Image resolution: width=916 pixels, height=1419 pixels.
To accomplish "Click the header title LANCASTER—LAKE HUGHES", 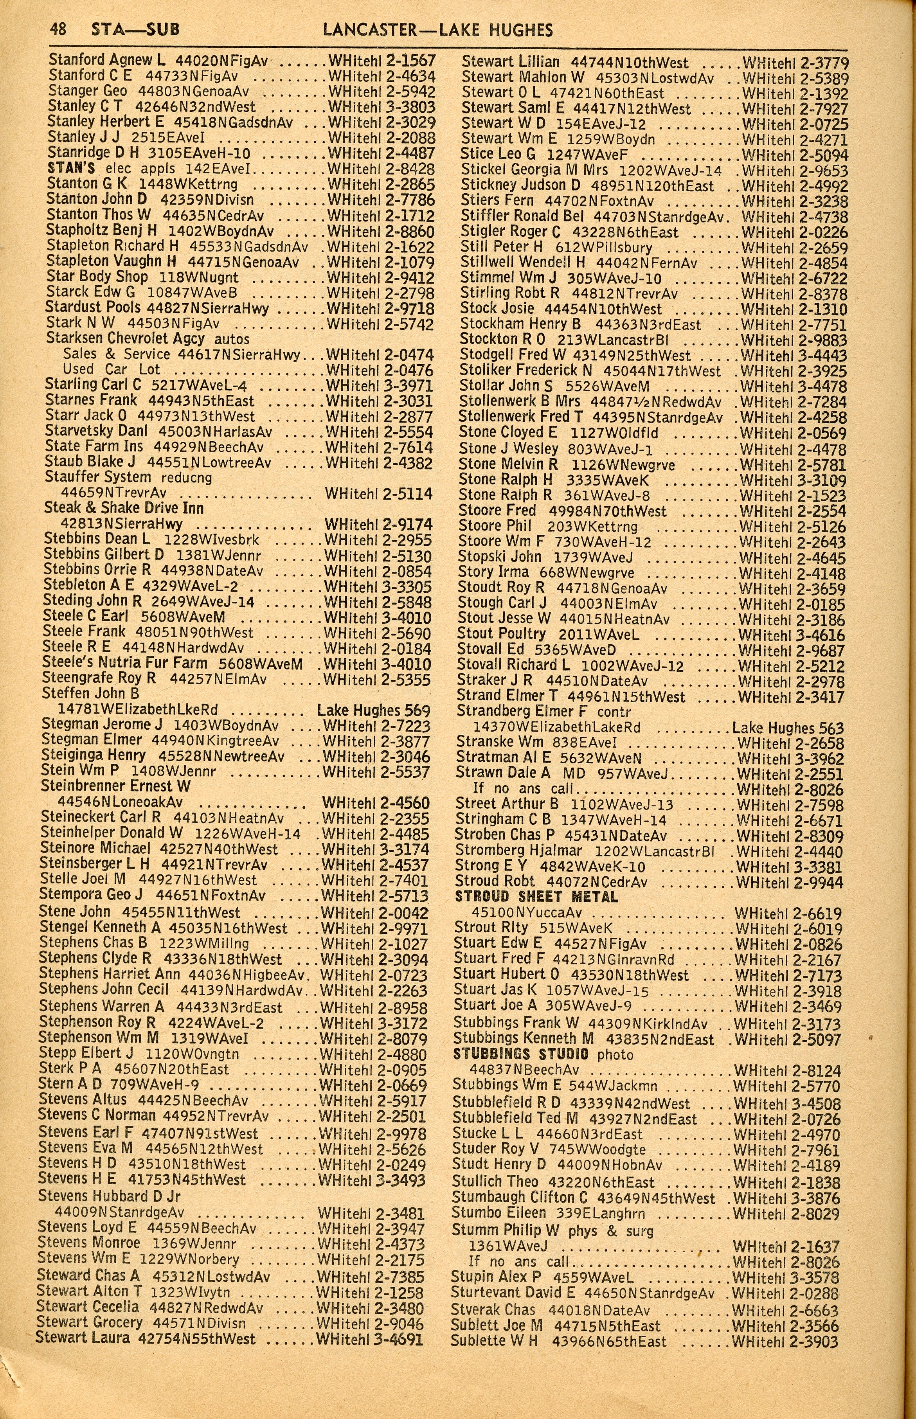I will (438, 30).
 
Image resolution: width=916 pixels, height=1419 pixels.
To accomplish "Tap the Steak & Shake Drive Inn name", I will (124, 509).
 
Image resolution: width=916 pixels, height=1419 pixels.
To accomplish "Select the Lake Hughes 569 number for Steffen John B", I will (374, 711).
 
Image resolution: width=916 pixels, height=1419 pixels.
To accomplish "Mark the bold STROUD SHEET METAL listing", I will (536, 896).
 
